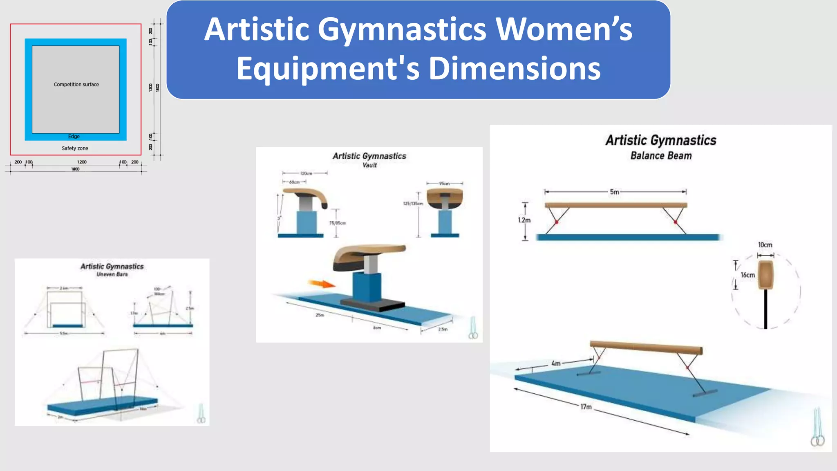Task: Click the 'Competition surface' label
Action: click(x=76, y=85)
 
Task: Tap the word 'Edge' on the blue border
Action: click(x=74, y=137)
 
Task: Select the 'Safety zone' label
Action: click(x=75, y=148)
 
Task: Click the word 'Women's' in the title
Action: click(x=564, y=29)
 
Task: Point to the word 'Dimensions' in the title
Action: click(x=515, y=69)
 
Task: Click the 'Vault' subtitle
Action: click(x=369, y=165)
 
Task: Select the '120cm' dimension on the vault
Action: click(x=306, y=173)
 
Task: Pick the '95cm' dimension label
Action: click(x=444, y=184)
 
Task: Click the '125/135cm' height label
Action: click(x=413, y=203)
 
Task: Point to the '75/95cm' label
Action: click(x=338, y=223)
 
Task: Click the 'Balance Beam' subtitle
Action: click(x=661, y=156)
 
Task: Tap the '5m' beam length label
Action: click(x=614, y=192)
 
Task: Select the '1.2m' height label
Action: click(x=524, y=220)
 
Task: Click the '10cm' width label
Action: click(x=765, y=245)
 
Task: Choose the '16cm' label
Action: click(x=747, y=275)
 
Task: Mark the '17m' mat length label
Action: click(x=586, y=406)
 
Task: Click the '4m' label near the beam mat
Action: click(x=556, y=363)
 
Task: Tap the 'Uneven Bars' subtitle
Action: click(x=112, y=274)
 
